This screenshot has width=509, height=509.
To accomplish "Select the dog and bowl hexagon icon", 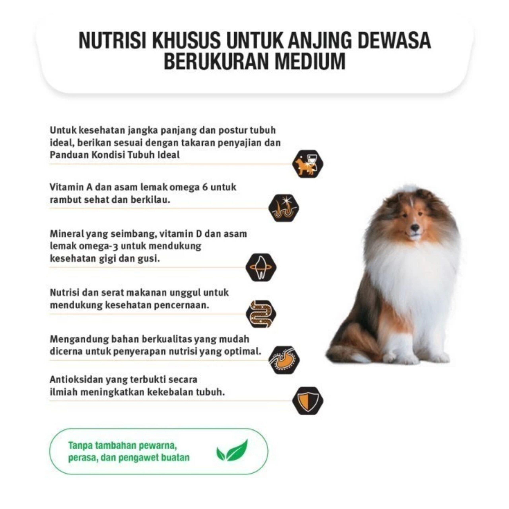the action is click(x=307, y=164).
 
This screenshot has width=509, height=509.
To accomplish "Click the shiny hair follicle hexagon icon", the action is click(x=284, y=208).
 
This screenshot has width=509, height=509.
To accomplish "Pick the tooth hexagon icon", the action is click(x=261, y=267).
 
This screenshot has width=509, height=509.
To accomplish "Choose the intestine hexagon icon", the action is click(x=261, y=314).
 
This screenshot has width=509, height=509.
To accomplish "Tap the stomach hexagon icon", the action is click(x=284, y=360).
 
